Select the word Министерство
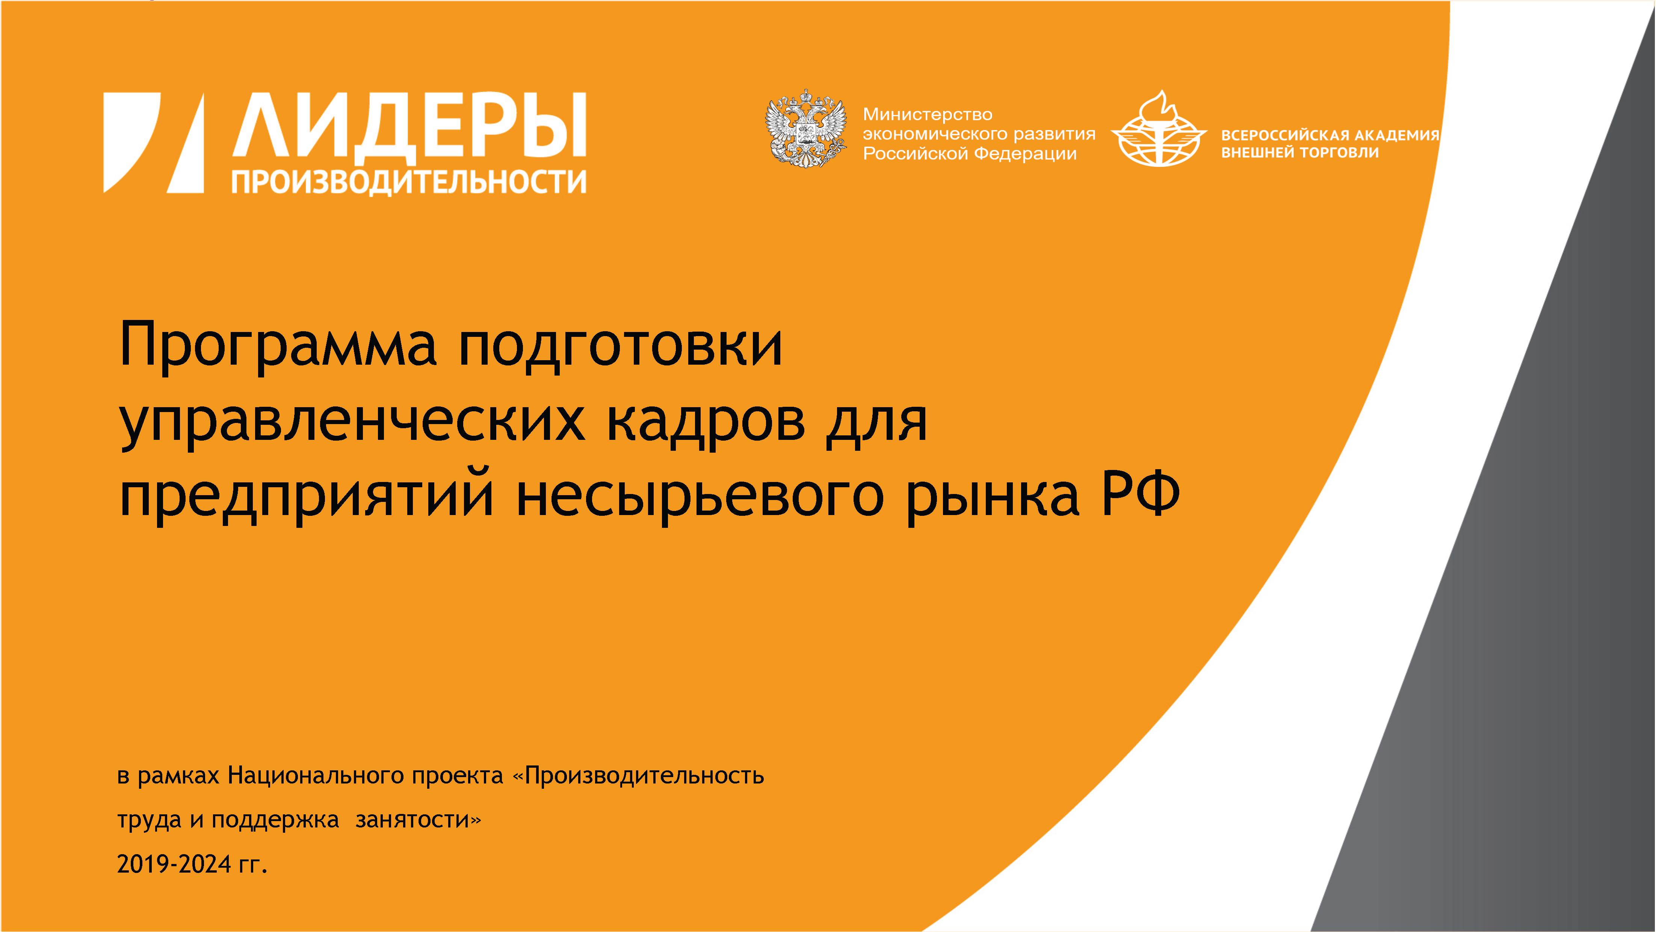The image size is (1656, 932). [928, 115]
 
